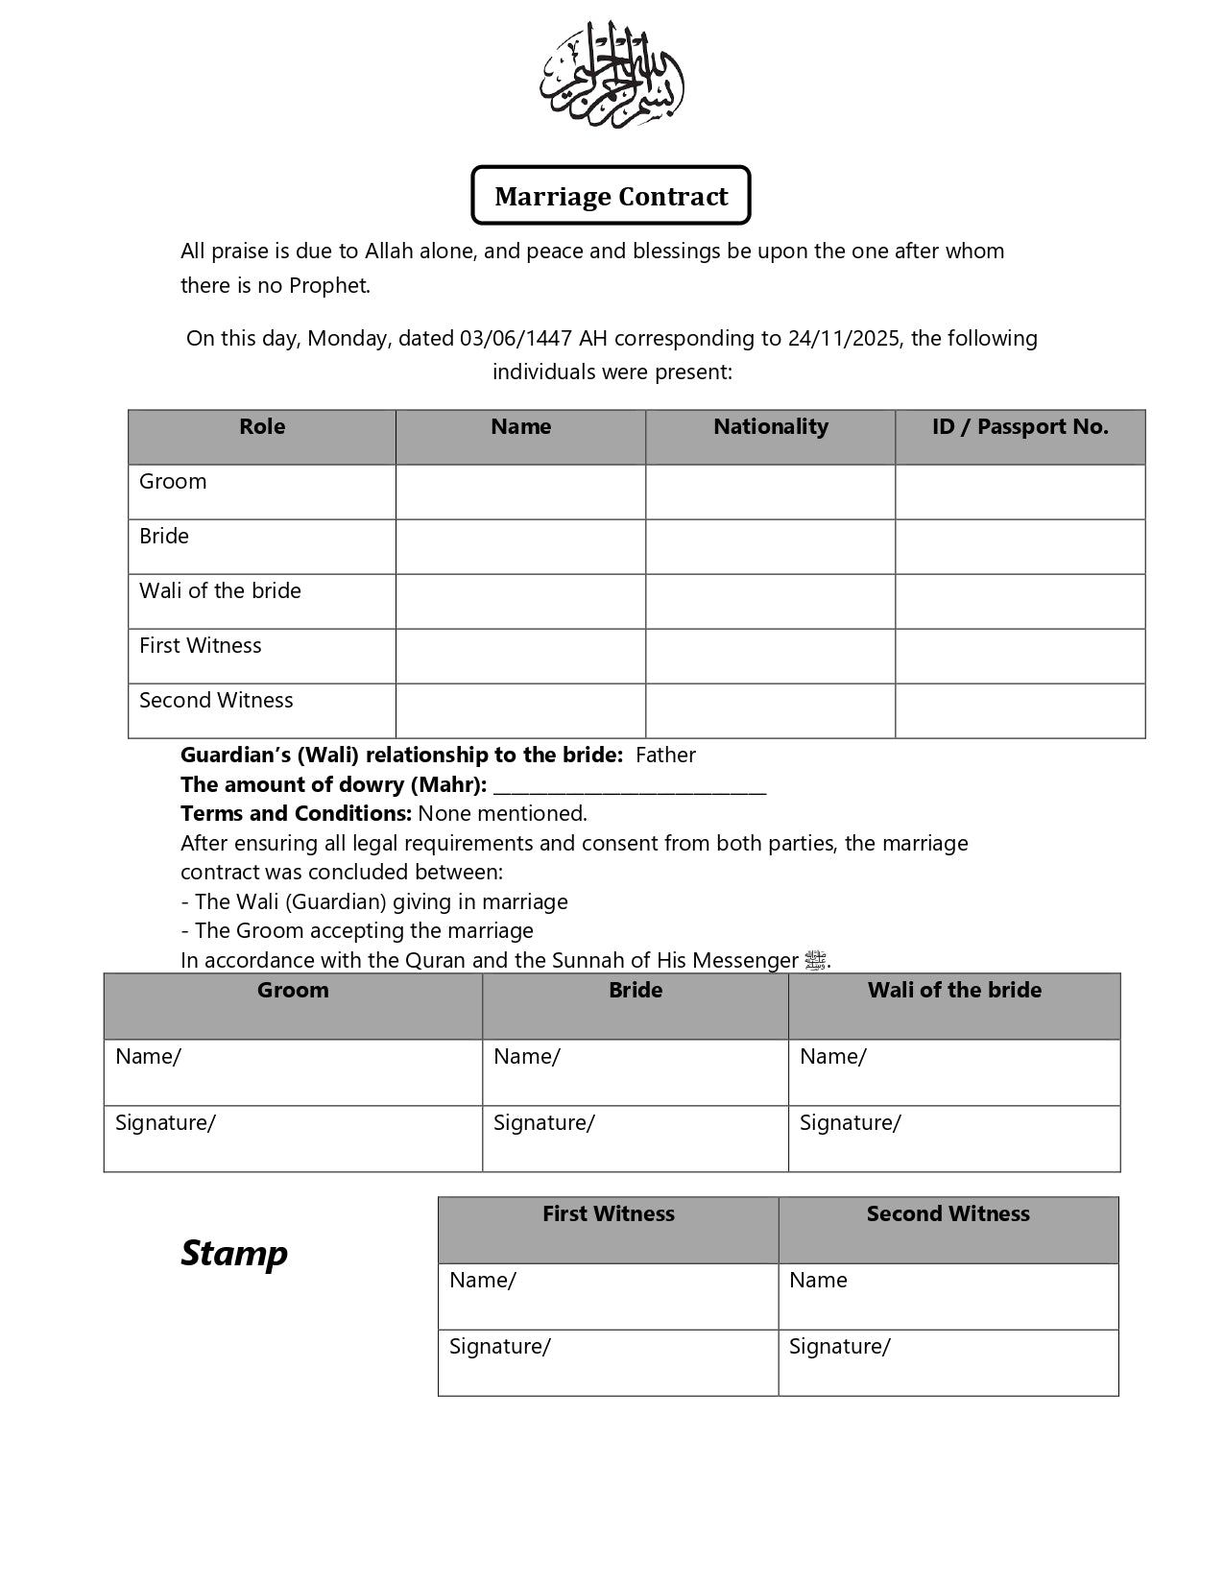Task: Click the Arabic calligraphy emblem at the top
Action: point(612,75)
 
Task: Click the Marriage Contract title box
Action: point(611,196)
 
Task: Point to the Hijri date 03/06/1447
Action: point(516,339)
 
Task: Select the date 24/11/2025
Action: point(844,339)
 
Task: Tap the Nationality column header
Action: point(770,427)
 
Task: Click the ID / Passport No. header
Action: point(1020,427)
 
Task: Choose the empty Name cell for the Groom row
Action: point(520,492)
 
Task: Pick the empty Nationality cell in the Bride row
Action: point(770,547)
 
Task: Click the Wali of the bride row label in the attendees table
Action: point(220,591)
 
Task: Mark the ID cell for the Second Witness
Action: point(1020,711)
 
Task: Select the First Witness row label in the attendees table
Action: point(200,646)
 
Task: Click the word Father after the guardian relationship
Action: point(665,756)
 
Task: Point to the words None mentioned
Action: point(502,814)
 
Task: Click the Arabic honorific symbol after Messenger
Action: point(815,960)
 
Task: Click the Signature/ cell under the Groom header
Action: point(293,1139)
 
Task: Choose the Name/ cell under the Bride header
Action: point(635,1072)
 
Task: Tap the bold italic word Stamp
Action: point(234,1254)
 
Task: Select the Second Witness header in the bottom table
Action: point(948,1214)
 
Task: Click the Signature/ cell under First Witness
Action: point(608,1362)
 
